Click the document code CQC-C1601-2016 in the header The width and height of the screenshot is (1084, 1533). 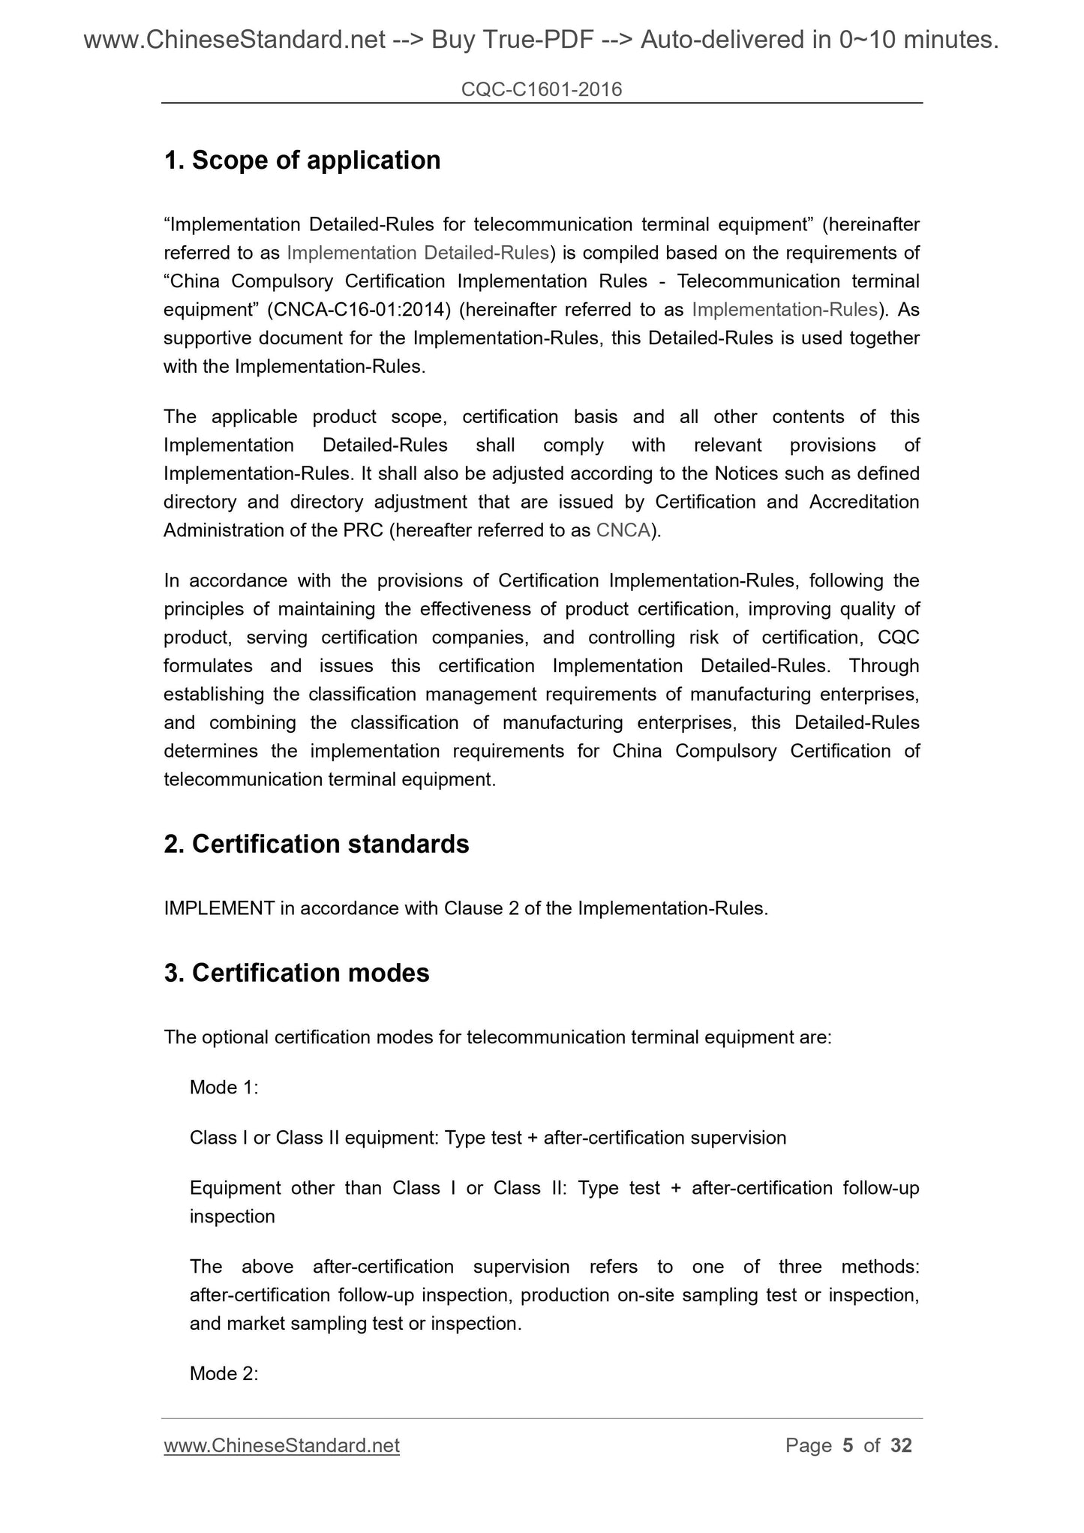click(x=541, y=90)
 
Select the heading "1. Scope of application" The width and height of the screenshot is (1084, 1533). click(x=302, y=160)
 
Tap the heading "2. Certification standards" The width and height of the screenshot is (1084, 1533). click(x=316, y=844)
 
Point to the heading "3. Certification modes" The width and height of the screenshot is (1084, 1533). click(x=296, y=973)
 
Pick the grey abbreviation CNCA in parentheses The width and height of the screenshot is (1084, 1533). click(x=623, y=531)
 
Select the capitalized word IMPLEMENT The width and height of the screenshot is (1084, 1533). click(x=219, y=909)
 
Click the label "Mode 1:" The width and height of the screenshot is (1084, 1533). click(x=224, y=1087)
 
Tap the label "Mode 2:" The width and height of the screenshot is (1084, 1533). click(x=224, y=1374)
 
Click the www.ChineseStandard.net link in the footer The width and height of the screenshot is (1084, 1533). click(x=281, y=1446)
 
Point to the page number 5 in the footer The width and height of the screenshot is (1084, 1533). click(x=848, y=1446)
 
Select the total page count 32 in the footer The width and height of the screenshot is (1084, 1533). click(x=901, y=1446)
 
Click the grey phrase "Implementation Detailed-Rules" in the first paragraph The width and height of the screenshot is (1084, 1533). click(x=418, y=253)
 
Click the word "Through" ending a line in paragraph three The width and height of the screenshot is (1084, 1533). click(x=884, y=666)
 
